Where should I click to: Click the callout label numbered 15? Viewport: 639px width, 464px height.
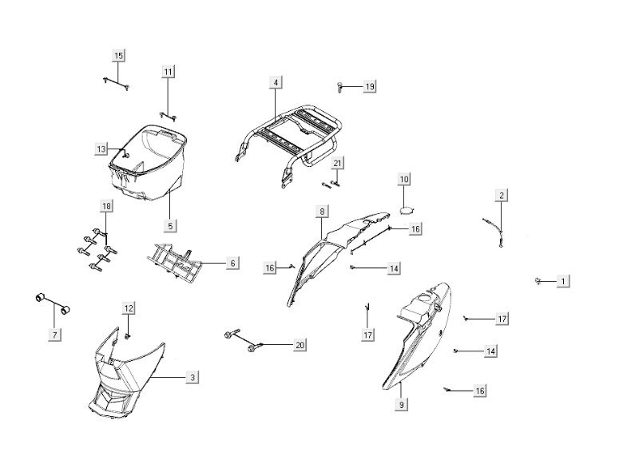click(x=119, y=55)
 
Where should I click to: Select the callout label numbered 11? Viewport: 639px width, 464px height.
click(x=169, y=73)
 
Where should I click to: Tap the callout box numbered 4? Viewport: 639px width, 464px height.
click(x=275, y=82)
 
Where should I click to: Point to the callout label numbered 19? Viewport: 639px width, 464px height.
click(x=370, y=85)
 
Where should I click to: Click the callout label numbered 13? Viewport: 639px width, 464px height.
click(x=101, y=149)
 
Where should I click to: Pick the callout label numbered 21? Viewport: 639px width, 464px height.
click(x=338, y=163)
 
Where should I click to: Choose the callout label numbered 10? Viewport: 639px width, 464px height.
click(x=404, y=179)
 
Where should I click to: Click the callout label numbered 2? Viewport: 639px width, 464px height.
click(x=502, y=195)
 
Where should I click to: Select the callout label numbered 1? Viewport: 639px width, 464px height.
click(x=563, y=281)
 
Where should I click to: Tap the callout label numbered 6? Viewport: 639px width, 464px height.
click(x=232, y=263)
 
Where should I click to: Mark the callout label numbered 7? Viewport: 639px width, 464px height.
click(x=54, y=335)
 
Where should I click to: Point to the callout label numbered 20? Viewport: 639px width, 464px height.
click(x=300, y=345)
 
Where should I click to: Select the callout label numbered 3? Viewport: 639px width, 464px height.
click(x=192, y=376)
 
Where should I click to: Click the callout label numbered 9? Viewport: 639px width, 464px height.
click(x=402, y=405)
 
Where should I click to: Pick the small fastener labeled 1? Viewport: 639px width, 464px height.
click(x=540, y=280)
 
